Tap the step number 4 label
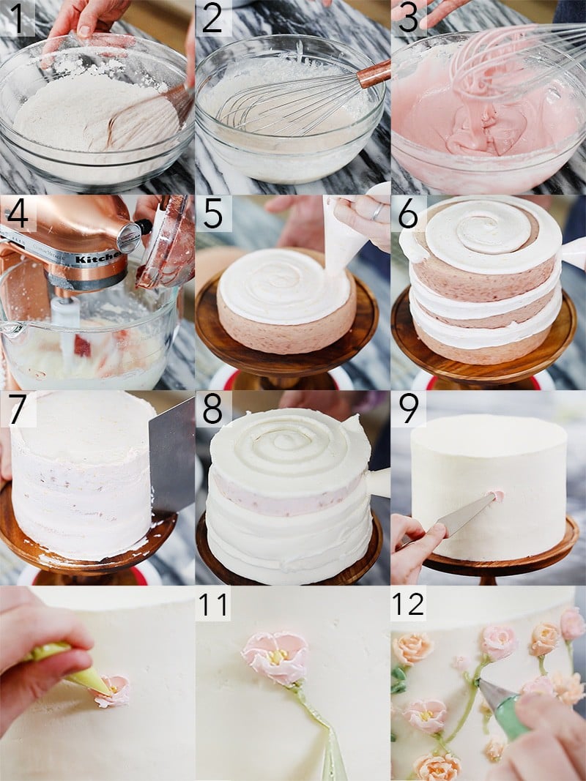pyautogui.click(x=17, y=214)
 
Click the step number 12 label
pyautogui.click(x=408, y=605)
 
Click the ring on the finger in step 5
pyautogui.click(x=376, y=212)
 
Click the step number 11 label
pyautogui.click(x=212, y=605)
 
